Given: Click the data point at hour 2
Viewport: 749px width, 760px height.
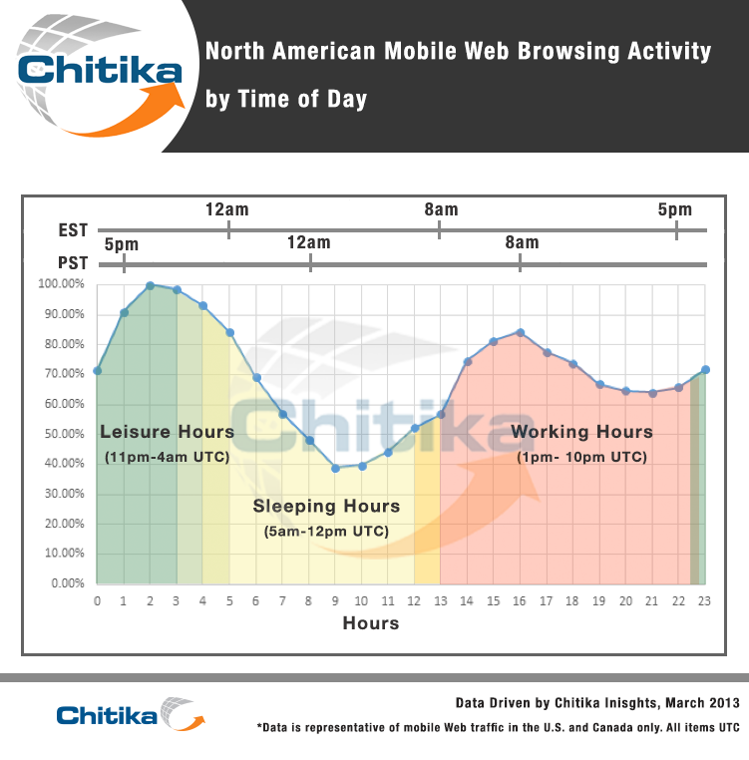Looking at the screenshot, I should (x=150, y=285).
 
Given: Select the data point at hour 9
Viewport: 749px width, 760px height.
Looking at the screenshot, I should (x=335, y=468).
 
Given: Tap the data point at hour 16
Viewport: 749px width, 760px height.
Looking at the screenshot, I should (x=520, y=332).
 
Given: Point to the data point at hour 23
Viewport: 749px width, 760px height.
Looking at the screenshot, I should (x=705, y=370).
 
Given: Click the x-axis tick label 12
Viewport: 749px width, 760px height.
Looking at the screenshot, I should (x=414, y=601).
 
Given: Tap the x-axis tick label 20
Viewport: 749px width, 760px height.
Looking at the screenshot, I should (x=625, y=601).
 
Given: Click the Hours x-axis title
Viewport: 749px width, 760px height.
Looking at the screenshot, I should (x=371, y=623).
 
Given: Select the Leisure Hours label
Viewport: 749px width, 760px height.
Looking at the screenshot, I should (x=167, y=432).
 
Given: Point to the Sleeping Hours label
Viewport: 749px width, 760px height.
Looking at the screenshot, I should (x=326, y=506).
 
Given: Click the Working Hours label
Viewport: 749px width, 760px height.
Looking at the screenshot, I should (x=581, y=432).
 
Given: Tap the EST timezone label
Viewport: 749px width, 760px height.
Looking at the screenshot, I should (x=73, y=230).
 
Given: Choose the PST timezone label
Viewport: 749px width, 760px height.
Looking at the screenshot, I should (x=73, y=264).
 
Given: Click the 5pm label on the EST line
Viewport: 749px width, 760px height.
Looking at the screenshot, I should (x=675, y=209).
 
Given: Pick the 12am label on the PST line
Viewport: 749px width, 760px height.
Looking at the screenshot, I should (x=309, y=242).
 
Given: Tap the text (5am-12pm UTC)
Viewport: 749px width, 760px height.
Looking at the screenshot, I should (x=326, y=532).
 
